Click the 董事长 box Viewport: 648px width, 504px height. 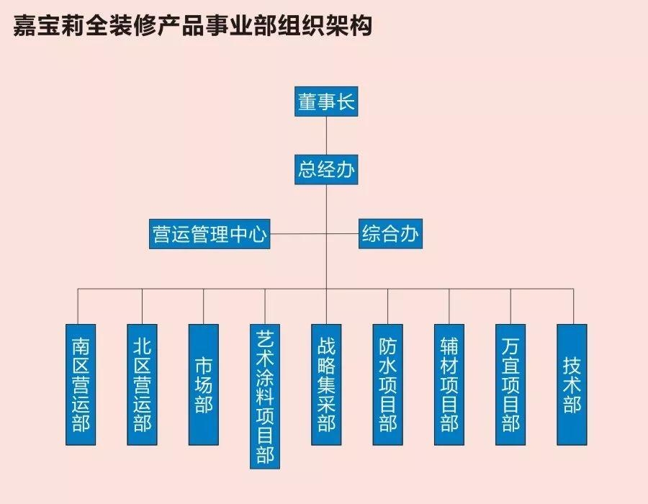point(326,102)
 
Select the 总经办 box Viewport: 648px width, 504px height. point(326,170)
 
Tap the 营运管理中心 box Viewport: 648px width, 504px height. point(210,234)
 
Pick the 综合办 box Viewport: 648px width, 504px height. point(390,234)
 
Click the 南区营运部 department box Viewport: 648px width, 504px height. point(81,384)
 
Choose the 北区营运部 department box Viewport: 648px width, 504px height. point(142,384)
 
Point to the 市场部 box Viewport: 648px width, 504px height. point(204,384)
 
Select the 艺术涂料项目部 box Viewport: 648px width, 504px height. point(265,397)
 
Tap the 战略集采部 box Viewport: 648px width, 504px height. point(326,384)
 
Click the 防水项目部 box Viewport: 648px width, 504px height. point(387,384)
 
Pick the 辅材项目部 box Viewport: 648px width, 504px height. point(449,384)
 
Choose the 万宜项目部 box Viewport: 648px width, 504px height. point(510,384)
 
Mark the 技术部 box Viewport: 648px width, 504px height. point(572,384)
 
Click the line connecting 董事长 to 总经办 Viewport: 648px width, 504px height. point(326,135)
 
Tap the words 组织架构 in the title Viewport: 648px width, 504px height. point(325,26)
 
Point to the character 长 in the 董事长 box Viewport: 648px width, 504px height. point(346,102)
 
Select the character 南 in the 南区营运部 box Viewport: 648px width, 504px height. point(81,346)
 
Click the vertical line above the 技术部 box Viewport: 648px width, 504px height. point(573,307)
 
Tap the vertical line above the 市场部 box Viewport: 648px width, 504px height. point(203,307)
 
